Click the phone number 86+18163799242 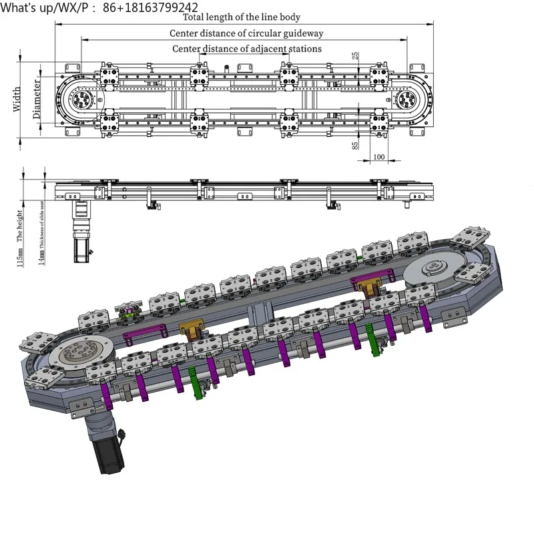click(152, 7)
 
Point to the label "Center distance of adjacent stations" click(246, 49)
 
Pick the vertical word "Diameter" click(37, 99)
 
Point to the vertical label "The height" click(19, 226)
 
